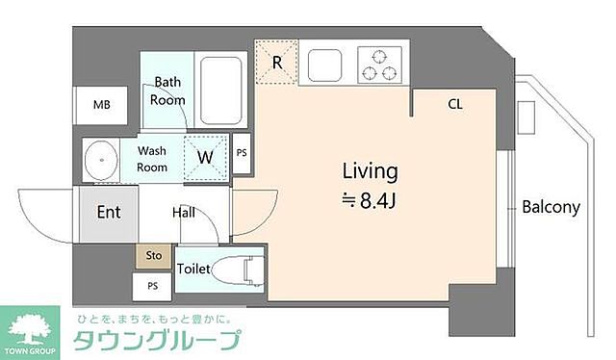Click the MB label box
101,105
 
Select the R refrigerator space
277,64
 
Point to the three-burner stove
378,64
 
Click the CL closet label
454,103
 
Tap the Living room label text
371,172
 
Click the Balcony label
551,206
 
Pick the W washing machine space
206,157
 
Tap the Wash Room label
152,159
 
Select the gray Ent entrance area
108,212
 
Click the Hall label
186,212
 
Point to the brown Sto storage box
153,256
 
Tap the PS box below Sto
152,286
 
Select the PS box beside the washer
242,153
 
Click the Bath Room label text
166,91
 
